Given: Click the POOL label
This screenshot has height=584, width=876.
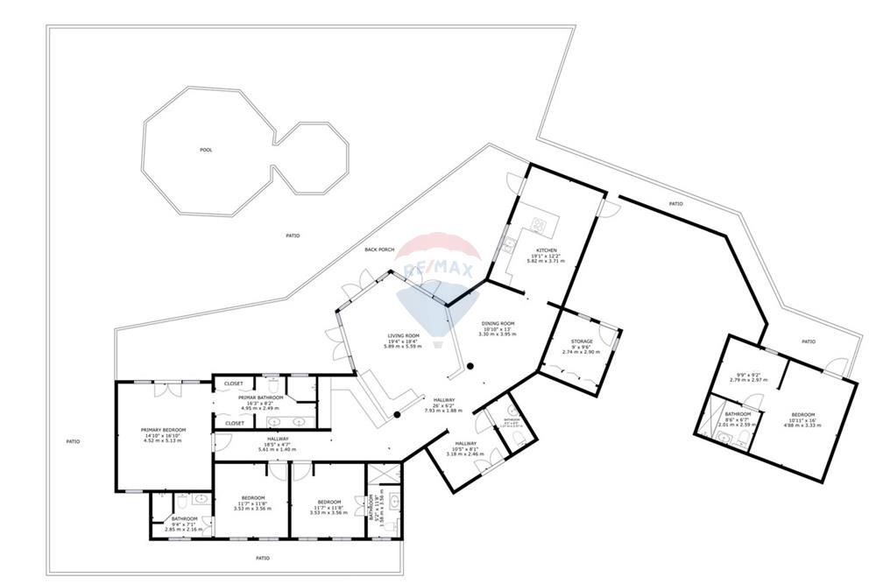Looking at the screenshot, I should click(206, 150).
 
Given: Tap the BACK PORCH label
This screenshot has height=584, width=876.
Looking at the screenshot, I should click(379, 250).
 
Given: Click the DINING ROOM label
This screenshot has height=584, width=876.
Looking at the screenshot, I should click(498, 324).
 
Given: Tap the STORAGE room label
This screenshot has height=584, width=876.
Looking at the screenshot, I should click(582, 341).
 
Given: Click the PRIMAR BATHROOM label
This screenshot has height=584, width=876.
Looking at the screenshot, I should click(259, 398).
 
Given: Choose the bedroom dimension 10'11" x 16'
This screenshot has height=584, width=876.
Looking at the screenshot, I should click(802, 420).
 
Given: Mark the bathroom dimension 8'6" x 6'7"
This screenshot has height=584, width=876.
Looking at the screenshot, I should click(738, 419).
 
